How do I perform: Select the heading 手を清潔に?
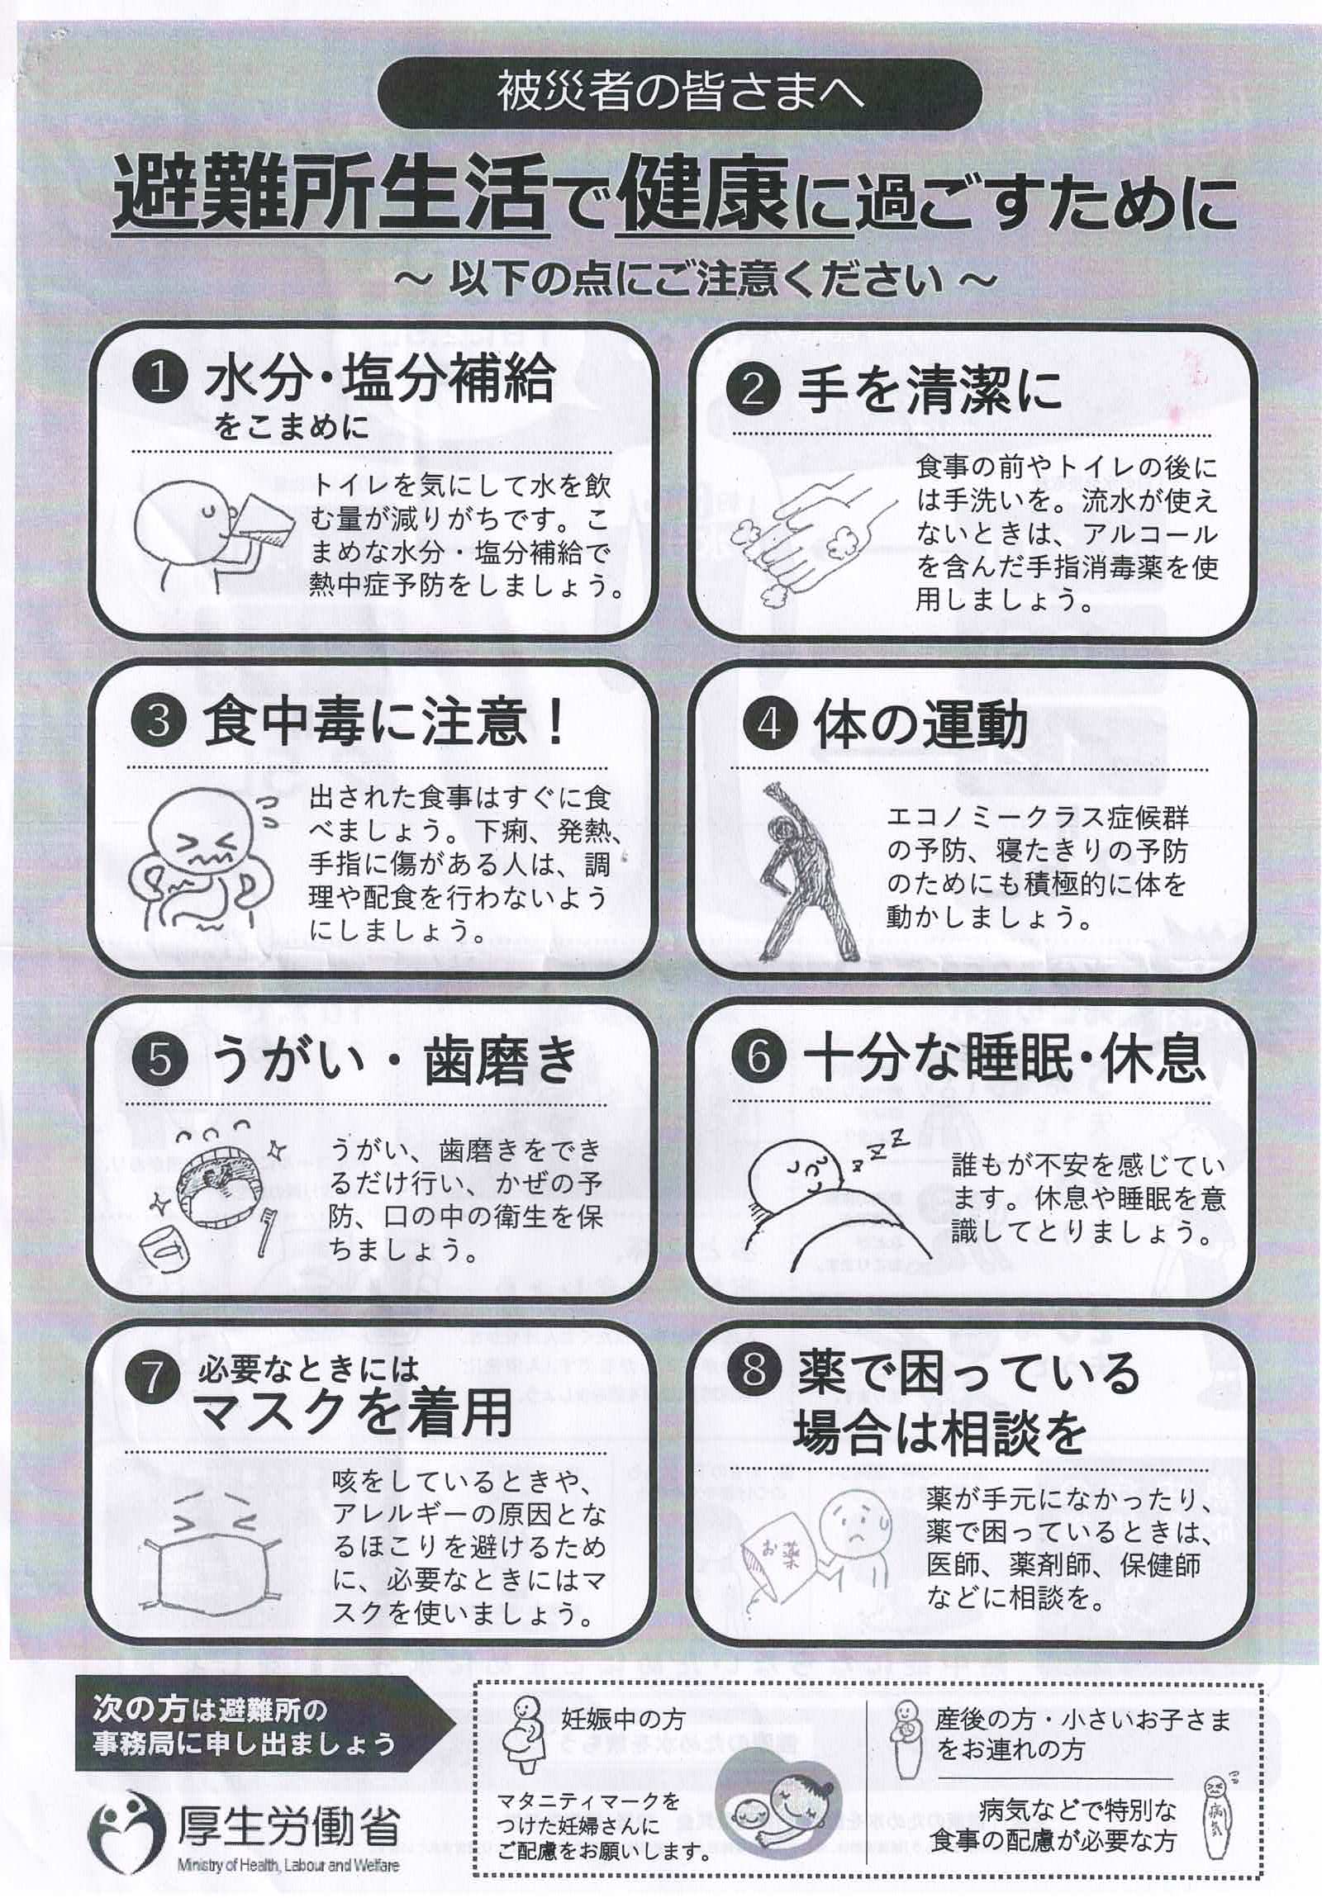[x=930, y=390]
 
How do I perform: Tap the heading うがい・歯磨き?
[x=393, y=1060]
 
